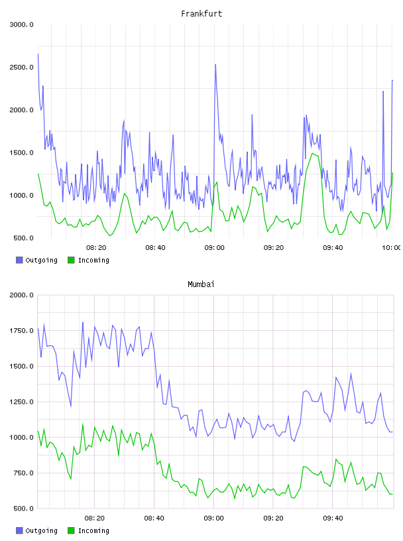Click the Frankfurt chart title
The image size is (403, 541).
201,14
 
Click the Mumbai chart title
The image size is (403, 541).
201,284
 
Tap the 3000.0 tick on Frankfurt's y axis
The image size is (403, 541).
21,25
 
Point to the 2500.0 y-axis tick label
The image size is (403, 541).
21,67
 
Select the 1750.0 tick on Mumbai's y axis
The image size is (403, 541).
21,331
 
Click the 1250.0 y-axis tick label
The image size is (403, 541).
21,402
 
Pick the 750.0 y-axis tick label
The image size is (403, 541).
23,473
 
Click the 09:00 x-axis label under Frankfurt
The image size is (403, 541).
214,248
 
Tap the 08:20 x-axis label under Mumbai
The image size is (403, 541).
95,518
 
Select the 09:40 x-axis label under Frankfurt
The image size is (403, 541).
333,248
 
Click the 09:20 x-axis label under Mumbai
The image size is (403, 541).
273,518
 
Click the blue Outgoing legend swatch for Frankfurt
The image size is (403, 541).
19,260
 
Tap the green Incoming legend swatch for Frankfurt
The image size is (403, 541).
71,260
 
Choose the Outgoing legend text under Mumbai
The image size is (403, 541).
41,530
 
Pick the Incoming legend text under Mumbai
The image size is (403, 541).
93,530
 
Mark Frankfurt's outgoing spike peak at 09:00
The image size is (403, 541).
215,64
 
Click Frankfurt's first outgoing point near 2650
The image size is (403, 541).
38,54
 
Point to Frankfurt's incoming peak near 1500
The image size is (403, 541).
312,153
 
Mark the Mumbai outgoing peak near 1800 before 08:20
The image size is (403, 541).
83,322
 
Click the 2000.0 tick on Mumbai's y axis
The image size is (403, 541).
21,295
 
